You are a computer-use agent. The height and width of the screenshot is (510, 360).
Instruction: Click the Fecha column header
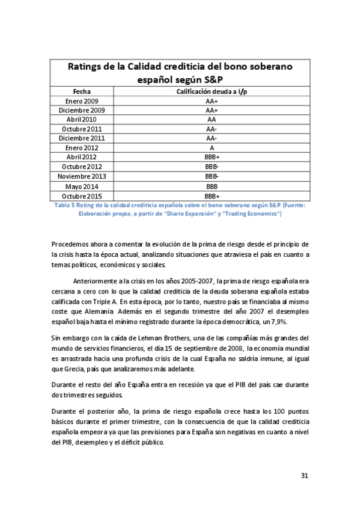[81, 91]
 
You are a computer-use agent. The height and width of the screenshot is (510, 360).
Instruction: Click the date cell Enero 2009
[81, 101]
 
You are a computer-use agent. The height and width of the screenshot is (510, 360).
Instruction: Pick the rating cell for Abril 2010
[211, 120]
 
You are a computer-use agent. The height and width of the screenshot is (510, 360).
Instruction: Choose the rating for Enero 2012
[211, 148]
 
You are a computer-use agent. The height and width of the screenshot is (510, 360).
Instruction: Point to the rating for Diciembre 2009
[211, 111]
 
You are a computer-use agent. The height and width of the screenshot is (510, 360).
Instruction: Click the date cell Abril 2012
[81, 158]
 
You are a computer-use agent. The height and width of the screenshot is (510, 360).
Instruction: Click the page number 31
[304, 476]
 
